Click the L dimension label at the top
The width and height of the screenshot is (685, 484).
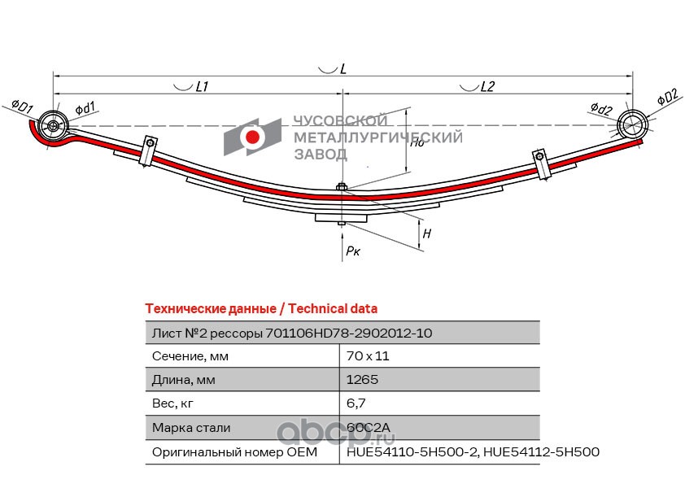343,69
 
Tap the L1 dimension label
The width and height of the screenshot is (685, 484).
202,86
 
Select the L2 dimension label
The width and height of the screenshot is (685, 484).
487,86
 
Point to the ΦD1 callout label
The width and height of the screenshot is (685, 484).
22,107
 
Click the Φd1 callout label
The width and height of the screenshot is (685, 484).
85,108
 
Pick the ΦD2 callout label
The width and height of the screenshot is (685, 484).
668,97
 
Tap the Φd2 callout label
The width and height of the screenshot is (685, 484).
601,108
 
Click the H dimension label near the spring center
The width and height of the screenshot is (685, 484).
427,233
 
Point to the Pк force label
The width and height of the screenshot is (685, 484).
353,251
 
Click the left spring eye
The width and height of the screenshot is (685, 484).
53,126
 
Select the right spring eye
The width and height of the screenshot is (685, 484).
632,125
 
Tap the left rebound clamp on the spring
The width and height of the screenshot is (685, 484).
148,151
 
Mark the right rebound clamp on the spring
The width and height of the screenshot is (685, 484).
541,164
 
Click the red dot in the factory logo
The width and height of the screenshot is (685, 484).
252,137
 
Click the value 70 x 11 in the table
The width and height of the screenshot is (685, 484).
368,356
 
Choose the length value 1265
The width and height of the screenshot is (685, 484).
362,380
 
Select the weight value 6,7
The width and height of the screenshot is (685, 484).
356,403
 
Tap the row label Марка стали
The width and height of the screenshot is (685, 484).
191,428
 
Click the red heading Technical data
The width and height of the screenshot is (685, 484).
333,309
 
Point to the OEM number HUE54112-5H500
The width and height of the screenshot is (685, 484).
542,451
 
